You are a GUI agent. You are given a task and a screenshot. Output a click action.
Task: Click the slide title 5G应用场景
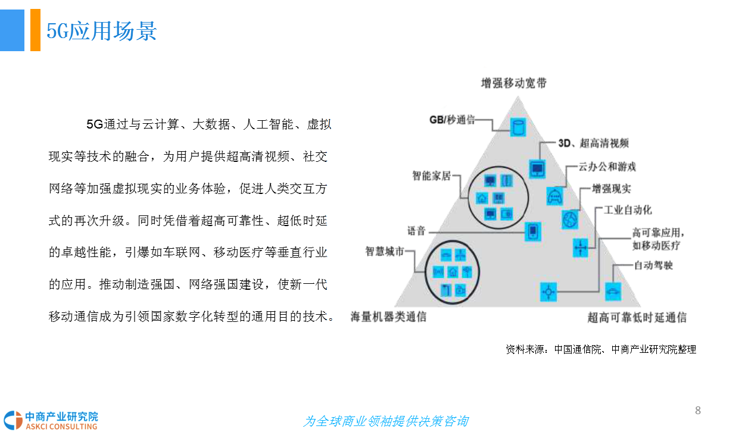point(101,31)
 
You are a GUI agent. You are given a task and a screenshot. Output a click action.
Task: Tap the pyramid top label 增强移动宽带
point(514,83)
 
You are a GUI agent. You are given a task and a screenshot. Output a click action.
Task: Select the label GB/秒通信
point(452,120)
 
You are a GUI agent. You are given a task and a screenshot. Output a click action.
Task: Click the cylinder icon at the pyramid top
point(518,127)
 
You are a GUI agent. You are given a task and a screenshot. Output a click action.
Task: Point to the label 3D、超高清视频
point(594,143)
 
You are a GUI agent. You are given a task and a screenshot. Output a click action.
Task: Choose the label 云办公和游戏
point(607,167)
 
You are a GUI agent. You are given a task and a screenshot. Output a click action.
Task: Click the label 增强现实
point(611,189)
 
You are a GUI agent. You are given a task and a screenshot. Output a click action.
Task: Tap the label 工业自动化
point(628,210)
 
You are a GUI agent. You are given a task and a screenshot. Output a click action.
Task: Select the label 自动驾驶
point(653,265)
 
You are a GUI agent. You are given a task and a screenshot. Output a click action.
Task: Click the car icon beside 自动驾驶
point(613,292)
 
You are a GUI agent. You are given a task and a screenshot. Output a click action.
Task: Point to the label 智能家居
point(431,176)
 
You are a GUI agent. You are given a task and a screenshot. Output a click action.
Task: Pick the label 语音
point(416,231)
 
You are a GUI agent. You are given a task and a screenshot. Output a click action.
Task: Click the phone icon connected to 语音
point(533,231)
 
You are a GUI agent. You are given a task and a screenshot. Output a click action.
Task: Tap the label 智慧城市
point(385,251)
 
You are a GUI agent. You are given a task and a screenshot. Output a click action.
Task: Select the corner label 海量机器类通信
point(388,317)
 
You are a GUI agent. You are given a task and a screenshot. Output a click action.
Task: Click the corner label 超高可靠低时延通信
point(637,317)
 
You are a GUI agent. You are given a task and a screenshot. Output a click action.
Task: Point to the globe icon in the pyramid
point(570,220)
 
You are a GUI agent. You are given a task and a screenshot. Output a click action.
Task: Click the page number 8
point(698,411)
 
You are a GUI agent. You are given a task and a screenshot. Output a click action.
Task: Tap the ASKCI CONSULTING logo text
point(61,427)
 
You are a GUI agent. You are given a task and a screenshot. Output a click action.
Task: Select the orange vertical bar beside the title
point(35,30)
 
